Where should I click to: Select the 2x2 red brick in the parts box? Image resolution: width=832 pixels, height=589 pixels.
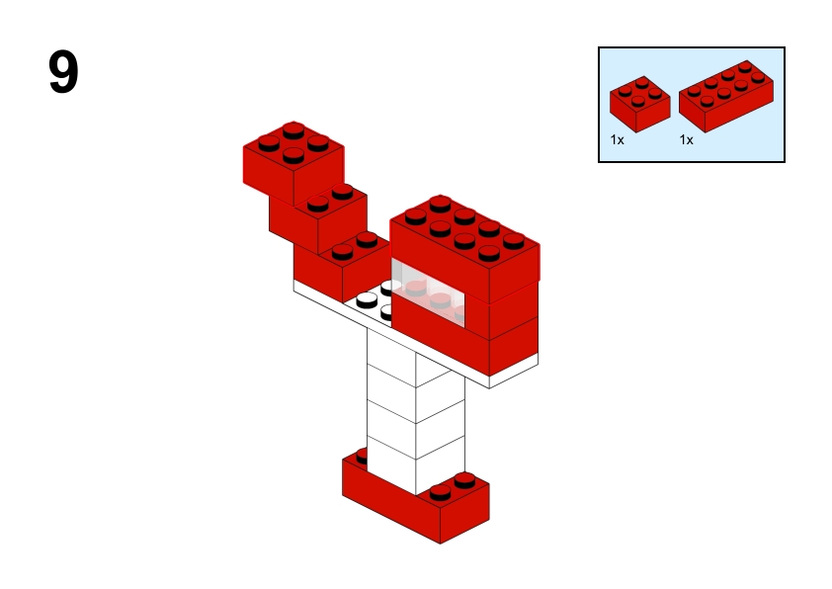click(639, 105)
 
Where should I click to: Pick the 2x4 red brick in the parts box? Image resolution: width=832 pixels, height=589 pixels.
click(726, 97)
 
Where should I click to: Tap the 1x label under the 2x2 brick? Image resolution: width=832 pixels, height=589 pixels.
click(618, 140)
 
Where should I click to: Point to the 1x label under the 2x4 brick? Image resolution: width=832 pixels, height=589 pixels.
click(686, 140)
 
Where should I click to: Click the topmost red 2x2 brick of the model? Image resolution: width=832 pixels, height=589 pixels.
click(293, 162)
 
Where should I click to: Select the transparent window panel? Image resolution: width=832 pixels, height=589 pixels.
click(428, 293)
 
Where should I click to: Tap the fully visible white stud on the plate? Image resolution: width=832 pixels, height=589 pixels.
click(367, 300)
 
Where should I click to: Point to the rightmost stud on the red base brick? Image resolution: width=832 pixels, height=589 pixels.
click(464, 480)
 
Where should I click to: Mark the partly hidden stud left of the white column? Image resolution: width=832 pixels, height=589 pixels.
click(362, 456)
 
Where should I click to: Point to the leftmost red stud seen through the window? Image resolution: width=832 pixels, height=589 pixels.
click(415, 289)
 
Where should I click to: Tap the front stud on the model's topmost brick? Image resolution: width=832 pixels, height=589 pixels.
click(293, 155)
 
